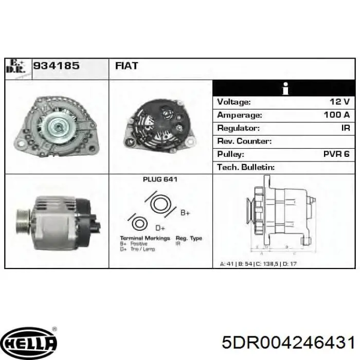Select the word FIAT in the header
(125, 66)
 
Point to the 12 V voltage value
(339, 102)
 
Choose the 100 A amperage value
(336, 115)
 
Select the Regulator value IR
(345, 128)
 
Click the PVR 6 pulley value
(336, 154)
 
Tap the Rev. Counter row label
(244, 141)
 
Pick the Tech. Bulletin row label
(246, 167)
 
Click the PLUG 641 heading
(160, 180)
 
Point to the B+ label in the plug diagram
(184, 212)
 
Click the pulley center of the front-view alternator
(55, 126)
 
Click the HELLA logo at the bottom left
(30, 343)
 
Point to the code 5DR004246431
(287, 343)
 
